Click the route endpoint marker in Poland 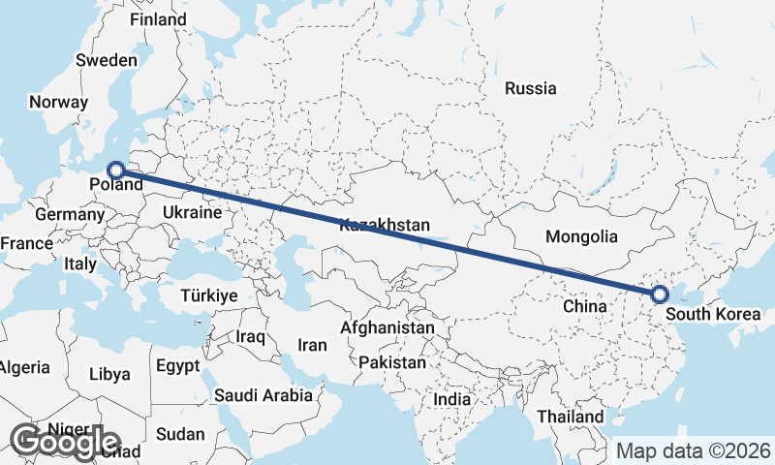click(115, 170)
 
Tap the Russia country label click(531, 88)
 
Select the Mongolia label click(581, 236)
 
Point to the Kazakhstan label click(385, 225)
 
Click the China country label click(584, 306)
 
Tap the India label click(451, 399)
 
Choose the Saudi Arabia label click(263, 395)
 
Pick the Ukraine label click(193, 211)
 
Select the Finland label click(158, 19)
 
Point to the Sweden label click(107, 60)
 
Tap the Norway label click(58, 102)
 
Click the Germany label click(62, 213)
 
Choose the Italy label click(79, 263)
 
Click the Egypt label click(177, 366)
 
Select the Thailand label click(572, 416)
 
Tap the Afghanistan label click(387, 328)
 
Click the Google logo click(65, 442)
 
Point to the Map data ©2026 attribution click(694, 450)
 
